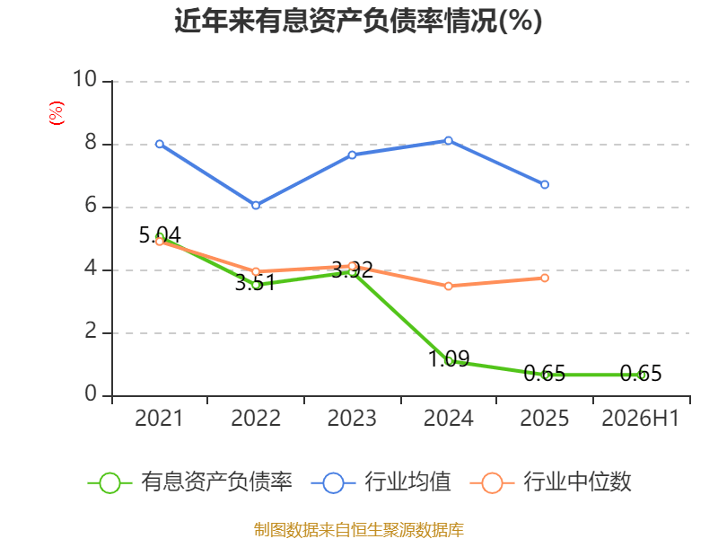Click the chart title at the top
(358, 21)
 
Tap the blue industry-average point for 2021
(160, 144)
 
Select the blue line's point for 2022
(256, 206)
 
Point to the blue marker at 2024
(449, 140)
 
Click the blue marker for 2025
(545, 184)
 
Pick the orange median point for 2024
(449, 286)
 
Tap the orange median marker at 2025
(545, 278)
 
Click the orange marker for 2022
(256, 271)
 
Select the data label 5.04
(160, 235)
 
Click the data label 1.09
(449, 358)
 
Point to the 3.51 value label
(256, 283)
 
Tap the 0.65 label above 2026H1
(641, 373)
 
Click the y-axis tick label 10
(85, 79)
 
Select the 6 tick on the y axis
(91, 205)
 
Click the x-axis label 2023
(352, 418)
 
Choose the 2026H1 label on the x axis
(640, 418)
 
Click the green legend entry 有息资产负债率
(190, 482)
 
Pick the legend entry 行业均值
(381, 482)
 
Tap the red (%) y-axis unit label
(56, 113)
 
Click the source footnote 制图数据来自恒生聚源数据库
(359, 530)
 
